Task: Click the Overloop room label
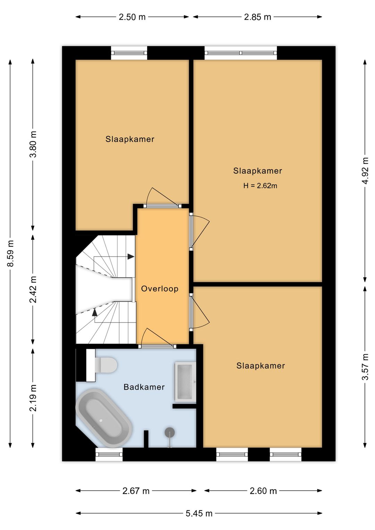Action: click(160, 289)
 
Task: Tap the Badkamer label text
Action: click(144, 387)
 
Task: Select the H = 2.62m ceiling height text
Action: click(260, 186)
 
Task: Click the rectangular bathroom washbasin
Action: click(185, 382)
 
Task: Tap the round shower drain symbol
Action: click(170, 432)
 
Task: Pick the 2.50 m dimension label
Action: click(132, 17)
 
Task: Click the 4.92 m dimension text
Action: click(366, 171)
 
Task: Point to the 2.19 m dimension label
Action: click(33, 398)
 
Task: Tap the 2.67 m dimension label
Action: click(136, 491)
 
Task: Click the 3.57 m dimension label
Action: click(366, 366)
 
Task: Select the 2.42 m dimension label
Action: click(33, 289)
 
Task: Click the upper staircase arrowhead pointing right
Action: click(131, 256)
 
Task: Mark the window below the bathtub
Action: click(109, 455)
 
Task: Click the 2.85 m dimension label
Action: click(257, 17)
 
